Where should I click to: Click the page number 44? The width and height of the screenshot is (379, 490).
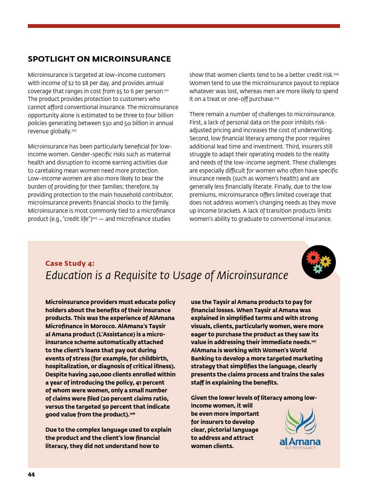pyautogui.click(x=31, y=475)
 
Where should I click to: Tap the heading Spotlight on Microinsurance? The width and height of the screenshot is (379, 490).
pyautogui.click(x=99, y=59)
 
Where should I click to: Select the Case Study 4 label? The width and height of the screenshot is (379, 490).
pyautogui.click(x=70, y=263)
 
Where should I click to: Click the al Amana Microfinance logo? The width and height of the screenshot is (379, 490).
pyautogui.click(x=300, y=428)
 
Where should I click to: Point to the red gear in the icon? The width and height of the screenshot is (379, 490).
pyautogui.click(x=313, y=257)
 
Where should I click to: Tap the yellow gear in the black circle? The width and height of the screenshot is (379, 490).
pyautogui.click(x=325, y=262)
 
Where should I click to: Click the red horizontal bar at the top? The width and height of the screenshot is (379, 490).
pyautogui.click(x=184, y=26)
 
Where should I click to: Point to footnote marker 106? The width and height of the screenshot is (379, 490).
pyautogui.click(x=132, y=414)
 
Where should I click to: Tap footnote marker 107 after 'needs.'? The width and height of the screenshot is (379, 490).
pyautogui.click(x=314, y=341)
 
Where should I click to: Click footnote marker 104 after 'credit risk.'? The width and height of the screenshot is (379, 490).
pyautogui.click(x=336, y=74)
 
